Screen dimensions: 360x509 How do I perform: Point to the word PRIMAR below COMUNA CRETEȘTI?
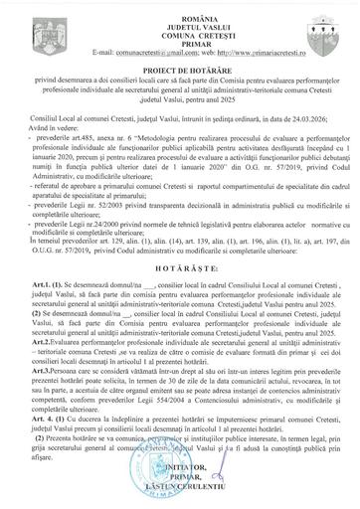[x=180, y=38]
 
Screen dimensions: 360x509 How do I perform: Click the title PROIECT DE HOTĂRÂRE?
[x=180, y=67]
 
